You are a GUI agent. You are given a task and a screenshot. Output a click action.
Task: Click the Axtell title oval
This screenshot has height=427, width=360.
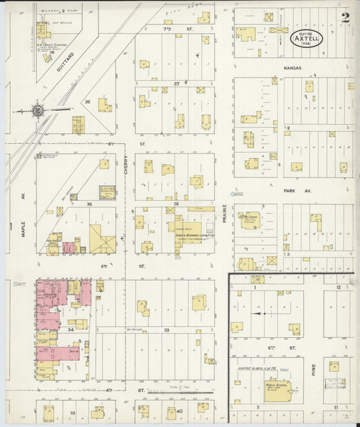pos(307,39)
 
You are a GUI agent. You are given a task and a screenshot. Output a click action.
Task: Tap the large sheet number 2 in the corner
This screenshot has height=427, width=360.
pos(345,18)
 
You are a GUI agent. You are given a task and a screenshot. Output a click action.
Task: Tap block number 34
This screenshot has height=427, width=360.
pos(70,330)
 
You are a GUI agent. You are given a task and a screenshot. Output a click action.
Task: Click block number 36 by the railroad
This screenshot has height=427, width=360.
pos(87,101)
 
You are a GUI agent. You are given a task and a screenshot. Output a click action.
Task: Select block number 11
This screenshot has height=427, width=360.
pos(336,408)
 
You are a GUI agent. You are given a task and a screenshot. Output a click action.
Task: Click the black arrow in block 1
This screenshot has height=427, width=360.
pos(255,313)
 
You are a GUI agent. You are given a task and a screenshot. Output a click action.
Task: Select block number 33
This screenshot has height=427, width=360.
pos(72,412)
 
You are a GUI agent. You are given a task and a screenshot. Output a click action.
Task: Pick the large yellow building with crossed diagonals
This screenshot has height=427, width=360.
pos(102,239)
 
